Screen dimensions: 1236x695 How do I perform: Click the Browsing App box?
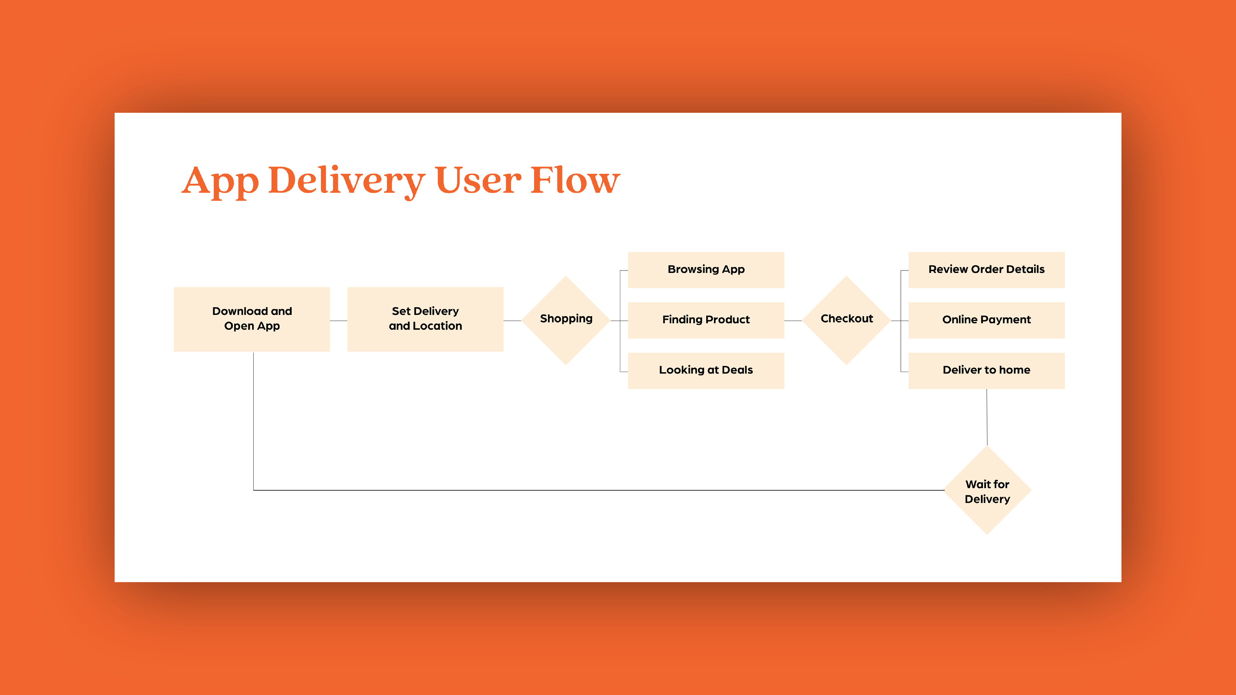(706, 270)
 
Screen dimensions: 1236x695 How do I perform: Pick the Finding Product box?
(706, 320)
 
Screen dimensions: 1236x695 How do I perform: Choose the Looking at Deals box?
(706, 371)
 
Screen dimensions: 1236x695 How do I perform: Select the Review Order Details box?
(987, 270)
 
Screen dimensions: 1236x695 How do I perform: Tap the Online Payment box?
(987, 320)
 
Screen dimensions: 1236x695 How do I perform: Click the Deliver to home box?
(987, 371)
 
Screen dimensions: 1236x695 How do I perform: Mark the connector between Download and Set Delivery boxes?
(339, 320)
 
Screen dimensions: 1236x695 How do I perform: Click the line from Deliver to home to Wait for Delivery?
(987, 417)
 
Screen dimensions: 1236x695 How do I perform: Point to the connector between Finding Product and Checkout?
(793, 320)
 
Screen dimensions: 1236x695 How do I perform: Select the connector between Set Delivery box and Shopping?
(512, 320)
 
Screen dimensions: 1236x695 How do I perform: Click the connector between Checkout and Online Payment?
(900, 320)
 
